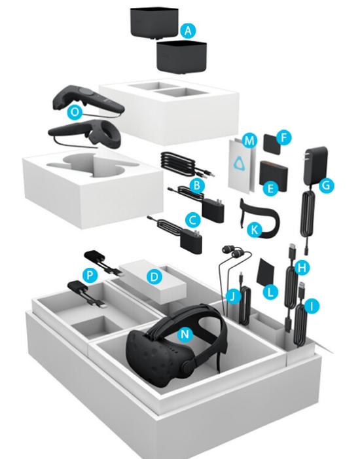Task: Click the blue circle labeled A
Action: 189,31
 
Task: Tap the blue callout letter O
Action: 75,112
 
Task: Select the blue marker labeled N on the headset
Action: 185,334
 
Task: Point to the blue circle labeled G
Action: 327,185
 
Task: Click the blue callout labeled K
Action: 255,230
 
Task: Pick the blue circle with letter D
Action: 154,276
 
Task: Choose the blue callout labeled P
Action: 90,275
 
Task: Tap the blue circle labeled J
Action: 233,297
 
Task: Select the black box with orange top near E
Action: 274,175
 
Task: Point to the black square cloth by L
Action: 266,273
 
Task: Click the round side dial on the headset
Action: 188,365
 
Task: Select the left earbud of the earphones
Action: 227,249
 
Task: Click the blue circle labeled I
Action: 312,306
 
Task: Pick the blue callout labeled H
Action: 302,268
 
